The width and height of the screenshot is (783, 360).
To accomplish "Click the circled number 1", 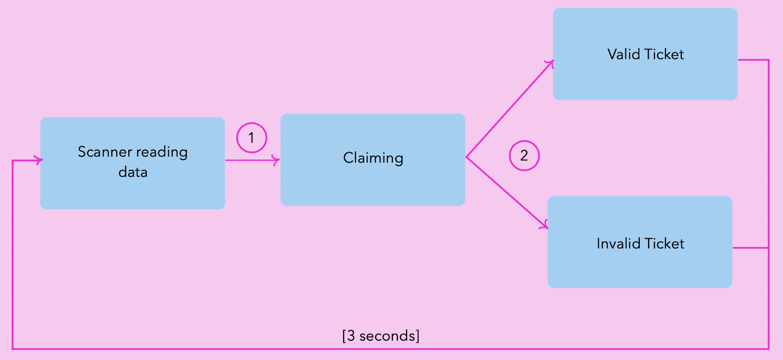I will pos(251,138).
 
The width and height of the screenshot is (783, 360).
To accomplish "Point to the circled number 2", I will pos(524,156).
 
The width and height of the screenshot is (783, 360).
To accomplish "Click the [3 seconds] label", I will pos(381,336).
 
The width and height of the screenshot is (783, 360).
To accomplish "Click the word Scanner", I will pos(105,151).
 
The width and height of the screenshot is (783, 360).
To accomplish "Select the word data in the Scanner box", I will pos(133,172).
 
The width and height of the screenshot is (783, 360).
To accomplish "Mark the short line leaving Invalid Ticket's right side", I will pos(750,248).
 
